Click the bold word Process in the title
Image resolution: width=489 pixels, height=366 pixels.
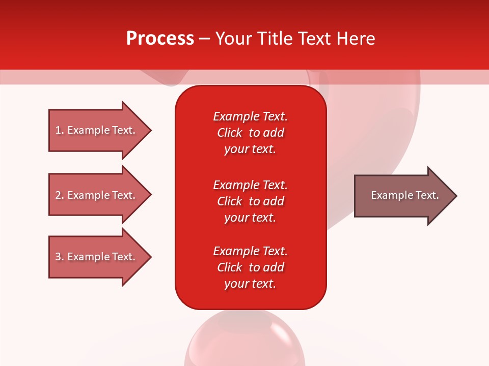click(x=160, y=39)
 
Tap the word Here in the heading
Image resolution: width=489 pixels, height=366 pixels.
click(x=356, y=39)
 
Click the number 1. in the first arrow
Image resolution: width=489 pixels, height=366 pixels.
click(x=59, y=130)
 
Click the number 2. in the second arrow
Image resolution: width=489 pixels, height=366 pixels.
click(x=59, y=195)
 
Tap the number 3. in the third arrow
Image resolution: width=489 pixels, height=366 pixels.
click(x=59, y=257)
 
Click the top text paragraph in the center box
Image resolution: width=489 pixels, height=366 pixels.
click(x=250, y=133)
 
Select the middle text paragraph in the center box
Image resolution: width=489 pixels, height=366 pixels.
click(x=250, y=201)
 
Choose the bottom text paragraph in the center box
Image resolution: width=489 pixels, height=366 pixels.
click(x=250, y=267)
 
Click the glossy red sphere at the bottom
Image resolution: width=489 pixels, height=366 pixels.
click(x=244, y=341)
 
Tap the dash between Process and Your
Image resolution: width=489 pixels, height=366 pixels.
click(x=204, y=39)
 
